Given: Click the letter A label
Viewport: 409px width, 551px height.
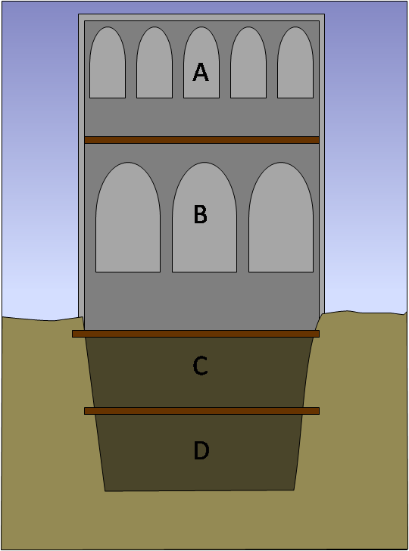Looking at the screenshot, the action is point(201,72).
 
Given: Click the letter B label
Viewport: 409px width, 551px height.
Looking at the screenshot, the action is point(201,214).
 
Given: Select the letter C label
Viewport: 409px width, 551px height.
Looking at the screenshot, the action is point(201,366).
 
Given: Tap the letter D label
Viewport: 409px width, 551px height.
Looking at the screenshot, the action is point(201,450).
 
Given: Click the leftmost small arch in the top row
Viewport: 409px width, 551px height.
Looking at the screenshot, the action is point(108,63).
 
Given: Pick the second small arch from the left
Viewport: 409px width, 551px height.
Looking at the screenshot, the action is point(155,63).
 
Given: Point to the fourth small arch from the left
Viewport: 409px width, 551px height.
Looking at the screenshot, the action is point(248,63).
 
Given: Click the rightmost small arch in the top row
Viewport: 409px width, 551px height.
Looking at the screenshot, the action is point(295,63).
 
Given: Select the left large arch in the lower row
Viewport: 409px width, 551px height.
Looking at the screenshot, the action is point(128,217).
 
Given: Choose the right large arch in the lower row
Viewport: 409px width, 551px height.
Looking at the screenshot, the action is point(281,217).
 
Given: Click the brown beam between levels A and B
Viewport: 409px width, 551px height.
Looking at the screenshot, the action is point(202,140).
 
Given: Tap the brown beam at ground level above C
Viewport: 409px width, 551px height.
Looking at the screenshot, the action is point(196,334).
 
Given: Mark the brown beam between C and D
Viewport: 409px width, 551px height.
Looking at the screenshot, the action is point(202,411).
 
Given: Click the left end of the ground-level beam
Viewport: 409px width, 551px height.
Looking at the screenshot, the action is point(73,334).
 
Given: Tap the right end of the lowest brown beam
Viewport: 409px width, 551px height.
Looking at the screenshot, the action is point(319,411).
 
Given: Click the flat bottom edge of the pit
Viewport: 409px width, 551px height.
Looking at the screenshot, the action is point(199,490).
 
